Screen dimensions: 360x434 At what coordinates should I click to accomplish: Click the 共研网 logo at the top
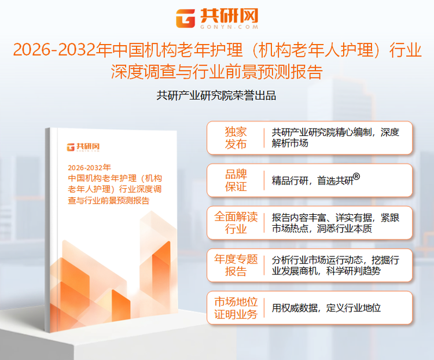click(x=217, y=18)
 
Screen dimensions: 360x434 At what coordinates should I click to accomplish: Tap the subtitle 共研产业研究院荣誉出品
click(x=216, y=95)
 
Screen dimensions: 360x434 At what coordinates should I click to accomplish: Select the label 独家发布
click(x=236, y=138)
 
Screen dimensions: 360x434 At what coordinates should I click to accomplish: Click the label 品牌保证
click(x=236, y=180)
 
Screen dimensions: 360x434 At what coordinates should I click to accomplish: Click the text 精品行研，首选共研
click(x=312, y=181)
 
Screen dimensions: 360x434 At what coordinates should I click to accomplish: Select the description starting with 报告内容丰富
click(x=336, y=223)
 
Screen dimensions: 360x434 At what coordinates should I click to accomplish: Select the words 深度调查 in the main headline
click(x=137, y=72)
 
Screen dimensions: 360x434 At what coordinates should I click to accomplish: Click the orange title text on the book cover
click(x=115, y=189)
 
